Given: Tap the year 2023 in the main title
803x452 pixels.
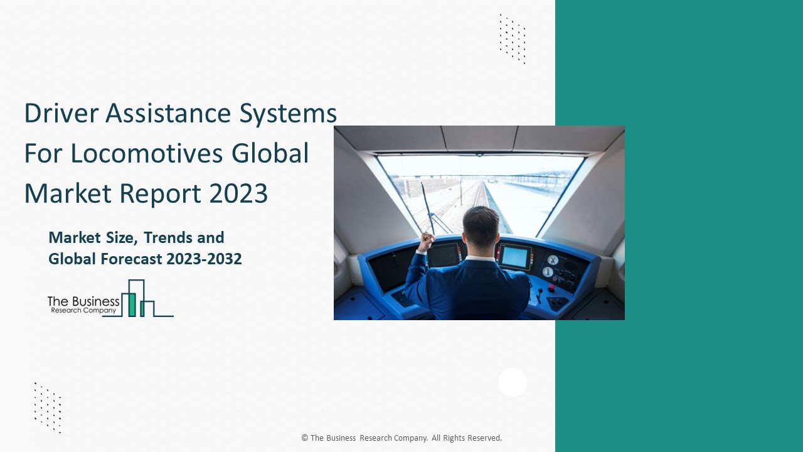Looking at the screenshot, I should [x=237, y=194].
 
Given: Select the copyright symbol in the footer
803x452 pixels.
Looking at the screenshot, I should [x=304, y=438].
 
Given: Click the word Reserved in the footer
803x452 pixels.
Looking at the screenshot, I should [x=484, y=438].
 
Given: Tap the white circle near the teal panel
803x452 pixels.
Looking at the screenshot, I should [x=513, y=382].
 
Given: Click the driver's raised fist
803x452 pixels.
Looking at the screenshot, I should [x=428, y=239].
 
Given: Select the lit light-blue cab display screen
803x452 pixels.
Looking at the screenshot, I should [x=514, y=256].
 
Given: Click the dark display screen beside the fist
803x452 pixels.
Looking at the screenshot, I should [x=444, y=255].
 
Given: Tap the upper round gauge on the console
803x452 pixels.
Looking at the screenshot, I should [x=553, y=260].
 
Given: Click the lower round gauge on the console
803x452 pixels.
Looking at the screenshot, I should [x=548, y=272].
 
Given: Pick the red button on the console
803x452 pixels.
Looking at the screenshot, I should [x=551, y=288].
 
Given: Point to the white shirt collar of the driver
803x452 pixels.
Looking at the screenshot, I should [x=480, y=257].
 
